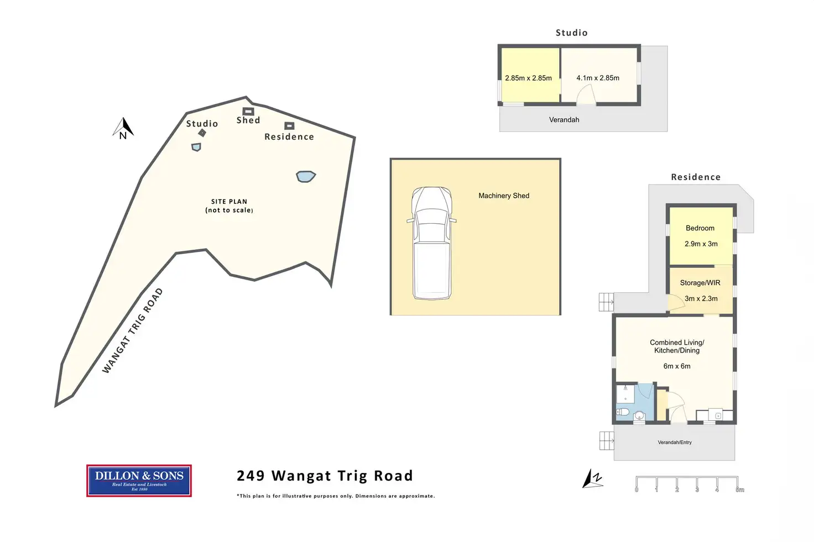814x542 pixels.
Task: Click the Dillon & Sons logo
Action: [x=139, y=480]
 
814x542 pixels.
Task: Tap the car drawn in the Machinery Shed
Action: [x=431, y=243]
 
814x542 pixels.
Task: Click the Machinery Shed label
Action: [x=504, y=196]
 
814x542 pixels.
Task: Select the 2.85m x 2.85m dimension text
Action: [x=528, y=78]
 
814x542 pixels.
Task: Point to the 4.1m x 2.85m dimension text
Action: [x=598, y=78]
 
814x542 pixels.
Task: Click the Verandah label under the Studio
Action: [x=564, y=119]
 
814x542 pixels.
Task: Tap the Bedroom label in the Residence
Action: [x=700, y=228]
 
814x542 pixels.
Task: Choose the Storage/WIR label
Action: [x=700, y=283]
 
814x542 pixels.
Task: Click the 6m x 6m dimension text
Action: [x=677, y=366]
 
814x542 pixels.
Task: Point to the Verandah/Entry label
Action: [x=675, y=443]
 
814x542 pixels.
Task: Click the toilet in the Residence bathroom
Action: [x=623, y=412]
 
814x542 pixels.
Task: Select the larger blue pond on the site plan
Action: [x=306, y=176]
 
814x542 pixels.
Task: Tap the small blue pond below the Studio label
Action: [x=196, y=147]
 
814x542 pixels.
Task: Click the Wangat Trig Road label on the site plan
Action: [x=133, y=330]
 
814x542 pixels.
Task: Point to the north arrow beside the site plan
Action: [x=123, y=128]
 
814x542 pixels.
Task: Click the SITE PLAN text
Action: [x=229, y=202]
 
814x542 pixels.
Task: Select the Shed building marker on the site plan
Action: [x=248, y=112]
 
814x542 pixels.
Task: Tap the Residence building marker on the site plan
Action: [x=289, y=126]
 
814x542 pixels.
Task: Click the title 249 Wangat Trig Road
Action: [x=325, y=476]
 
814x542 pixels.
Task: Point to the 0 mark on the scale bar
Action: [x=636, y=490]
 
